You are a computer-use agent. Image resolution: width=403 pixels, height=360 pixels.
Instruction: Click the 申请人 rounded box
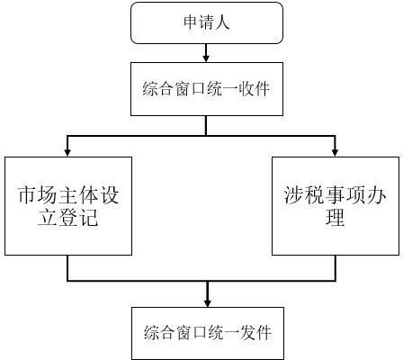(x=207, y=23)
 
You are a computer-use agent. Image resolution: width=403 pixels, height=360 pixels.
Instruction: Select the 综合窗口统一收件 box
(x=207, y=89)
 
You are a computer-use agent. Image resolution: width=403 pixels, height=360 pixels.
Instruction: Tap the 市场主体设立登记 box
(x=68, y=206)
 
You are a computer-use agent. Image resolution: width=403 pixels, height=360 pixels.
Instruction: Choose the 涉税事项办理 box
(x=336, y=206)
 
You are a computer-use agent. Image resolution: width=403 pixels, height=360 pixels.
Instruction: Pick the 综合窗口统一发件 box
(x=208, y=333)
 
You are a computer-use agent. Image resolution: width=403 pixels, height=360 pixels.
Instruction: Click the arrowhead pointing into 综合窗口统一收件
(x=206, y=58)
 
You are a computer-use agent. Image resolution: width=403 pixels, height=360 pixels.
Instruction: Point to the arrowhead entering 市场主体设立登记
(x=67, y=153)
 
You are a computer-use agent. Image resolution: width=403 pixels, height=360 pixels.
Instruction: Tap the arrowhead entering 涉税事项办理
(x=336, y=153)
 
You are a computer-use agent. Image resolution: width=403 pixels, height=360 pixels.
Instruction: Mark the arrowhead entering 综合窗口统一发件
(x=207, y=303)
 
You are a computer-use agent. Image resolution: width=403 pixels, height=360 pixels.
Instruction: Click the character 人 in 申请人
(x=222, y=22)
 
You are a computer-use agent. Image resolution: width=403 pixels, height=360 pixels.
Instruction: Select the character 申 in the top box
(x=191, y=22)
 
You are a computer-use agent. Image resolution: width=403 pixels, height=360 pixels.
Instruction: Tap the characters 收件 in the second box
(x=255, y=89)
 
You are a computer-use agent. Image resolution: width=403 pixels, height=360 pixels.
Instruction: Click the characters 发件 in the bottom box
(x=255, y=333)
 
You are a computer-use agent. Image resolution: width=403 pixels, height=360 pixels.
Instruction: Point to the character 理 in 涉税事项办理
(x=336, y=217)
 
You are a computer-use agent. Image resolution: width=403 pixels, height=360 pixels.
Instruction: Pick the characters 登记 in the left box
(x=78, y=217)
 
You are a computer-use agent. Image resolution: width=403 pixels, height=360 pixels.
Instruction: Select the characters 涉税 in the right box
(x=304, y=195)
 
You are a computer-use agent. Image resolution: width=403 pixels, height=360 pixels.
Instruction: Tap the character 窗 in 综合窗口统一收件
(x=183, y=89)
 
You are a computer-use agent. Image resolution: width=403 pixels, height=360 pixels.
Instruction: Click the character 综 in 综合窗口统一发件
(x=151, y=333)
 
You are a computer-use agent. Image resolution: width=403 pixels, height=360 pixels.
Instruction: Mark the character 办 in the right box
(x=376, y=195)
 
